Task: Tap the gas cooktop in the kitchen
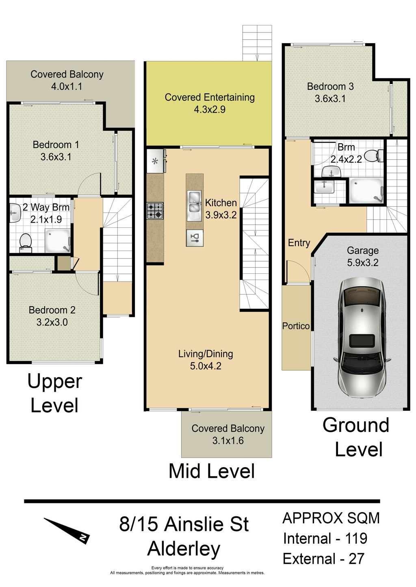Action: click(x=155, y=211)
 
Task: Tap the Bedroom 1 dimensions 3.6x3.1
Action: click(x=56, y=157)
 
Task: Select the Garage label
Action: click(x=362, y=251)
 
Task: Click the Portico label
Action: click(x=296, y=326)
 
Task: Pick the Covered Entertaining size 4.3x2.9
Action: click(x=210, y=110)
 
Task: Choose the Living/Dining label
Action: click(x=206, y=354)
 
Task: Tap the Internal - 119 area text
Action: click(x=325, y=539)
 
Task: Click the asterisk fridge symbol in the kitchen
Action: click(x=155, y=161)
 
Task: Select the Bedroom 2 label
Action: click(x=52, y=310)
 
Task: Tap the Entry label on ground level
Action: click(x=299, y=243)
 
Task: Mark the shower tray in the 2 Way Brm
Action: click(x=58, y=241)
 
